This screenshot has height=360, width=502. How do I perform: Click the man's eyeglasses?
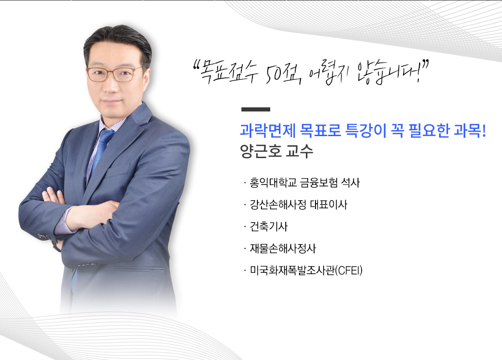[x=114, y=74]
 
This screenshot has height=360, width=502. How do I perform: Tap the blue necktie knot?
[x=106, y=134]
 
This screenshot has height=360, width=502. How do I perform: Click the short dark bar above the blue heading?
[x=256, y=110]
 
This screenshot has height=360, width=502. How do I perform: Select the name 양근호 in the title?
[x=260, y=151]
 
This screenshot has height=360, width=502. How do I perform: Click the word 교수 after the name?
[x=299, y=151]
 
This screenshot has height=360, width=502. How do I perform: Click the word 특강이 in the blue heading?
[x=366, y=131]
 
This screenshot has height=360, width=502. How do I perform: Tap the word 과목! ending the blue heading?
[x=470, y=131]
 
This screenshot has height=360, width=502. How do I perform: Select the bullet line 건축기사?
[x=269, y=227]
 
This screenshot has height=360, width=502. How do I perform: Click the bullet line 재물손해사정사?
[x=283, y=249]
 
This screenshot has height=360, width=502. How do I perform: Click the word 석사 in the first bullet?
[x=350, y=183]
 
